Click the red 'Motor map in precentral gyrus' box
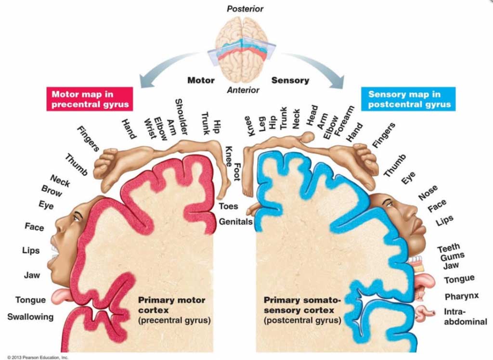coord(90,99)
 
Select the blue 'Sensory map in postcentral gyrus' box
coord(408,99)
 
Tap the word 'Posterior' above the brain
coord(245,9)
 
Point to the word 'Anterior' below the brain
coord(243,90)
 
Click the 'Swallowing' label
coord(30,317)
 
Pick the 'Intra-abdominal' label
coord(466,317)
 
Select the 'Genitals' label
coord(235,222)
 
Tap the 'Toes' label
coord(228,206)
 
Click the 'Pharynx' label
coord(462,296)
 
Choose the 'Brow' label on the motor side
coord(52,191)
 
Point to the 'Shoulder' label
coord(181,116)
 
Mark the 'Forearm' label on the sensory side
coord(344,121)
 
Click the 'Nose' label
coord(428,193)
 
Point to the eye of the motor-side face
coord(76,218)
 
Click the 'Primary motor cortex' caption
coord(172,305)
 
